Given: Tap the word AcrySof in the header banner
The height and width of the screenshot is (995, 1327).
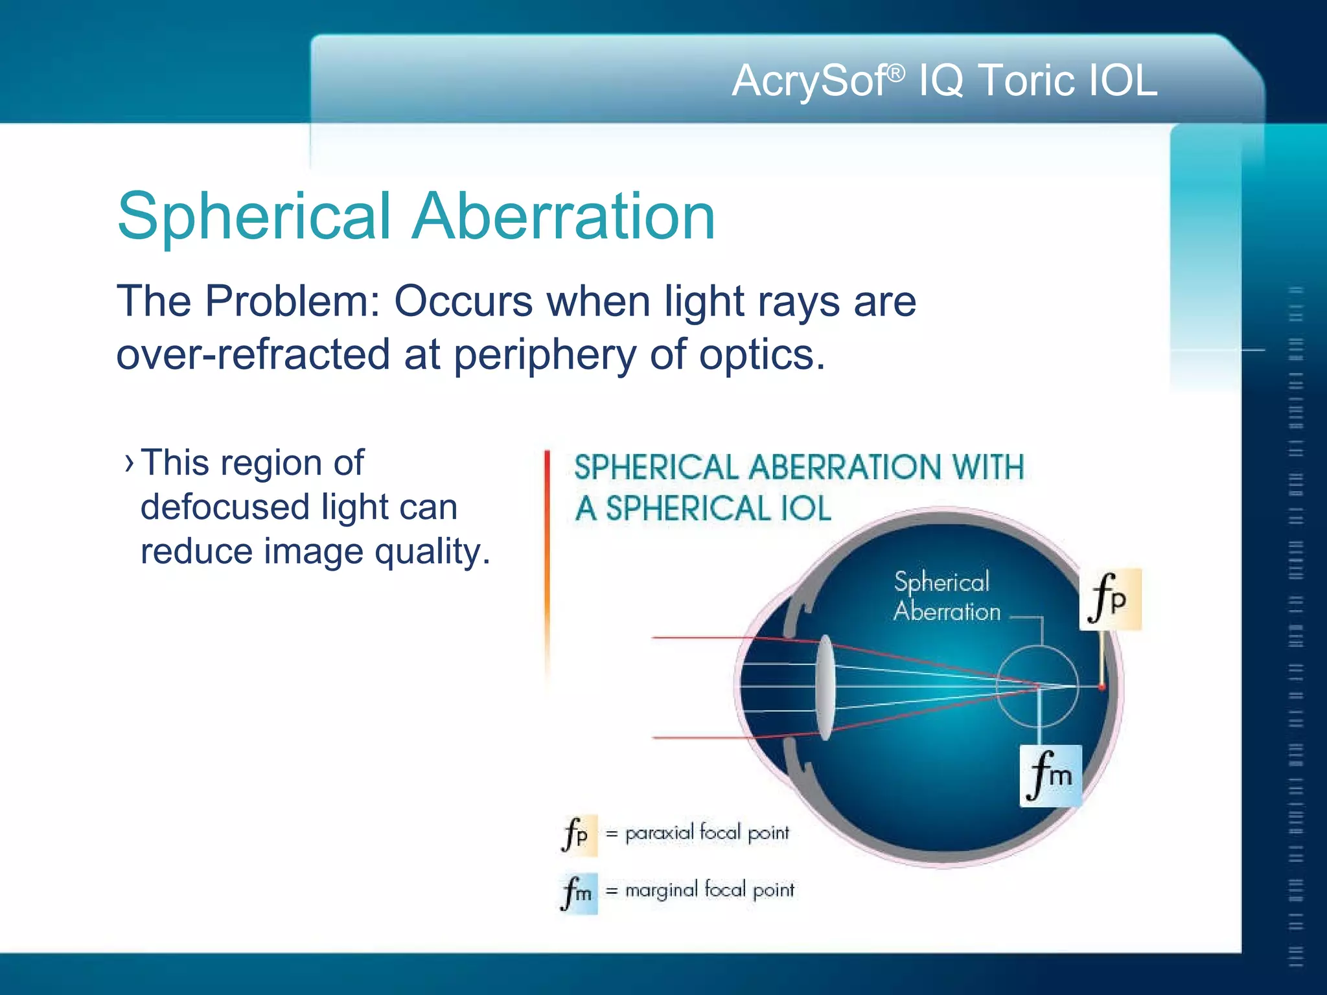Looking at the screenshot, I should [810, 81].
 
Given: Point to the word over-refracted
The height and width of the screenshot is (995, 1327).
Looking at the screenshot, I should [253, 355].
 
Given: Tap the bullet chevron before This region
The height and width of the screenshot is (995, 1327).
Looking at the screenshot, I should [129, 463].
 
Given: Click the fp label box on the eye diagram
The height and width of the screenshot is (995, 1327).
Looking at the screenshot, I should [1109, 599].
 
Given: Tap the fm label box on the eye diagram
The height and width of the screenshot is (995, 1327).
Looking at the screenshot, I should [1050, 775].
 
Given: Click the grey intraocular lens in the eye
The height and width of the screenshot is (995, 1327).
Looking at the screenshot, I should [825, 687].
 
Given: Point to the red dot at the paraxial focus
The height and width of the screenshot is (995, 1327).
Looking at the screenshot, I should [1101, 687].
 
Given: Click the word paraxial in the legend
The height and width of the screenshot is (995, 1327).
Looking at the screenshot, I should [659, 833].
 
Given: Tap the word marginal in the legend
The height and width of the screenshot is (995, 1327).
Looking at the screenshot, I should [661, 891].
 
